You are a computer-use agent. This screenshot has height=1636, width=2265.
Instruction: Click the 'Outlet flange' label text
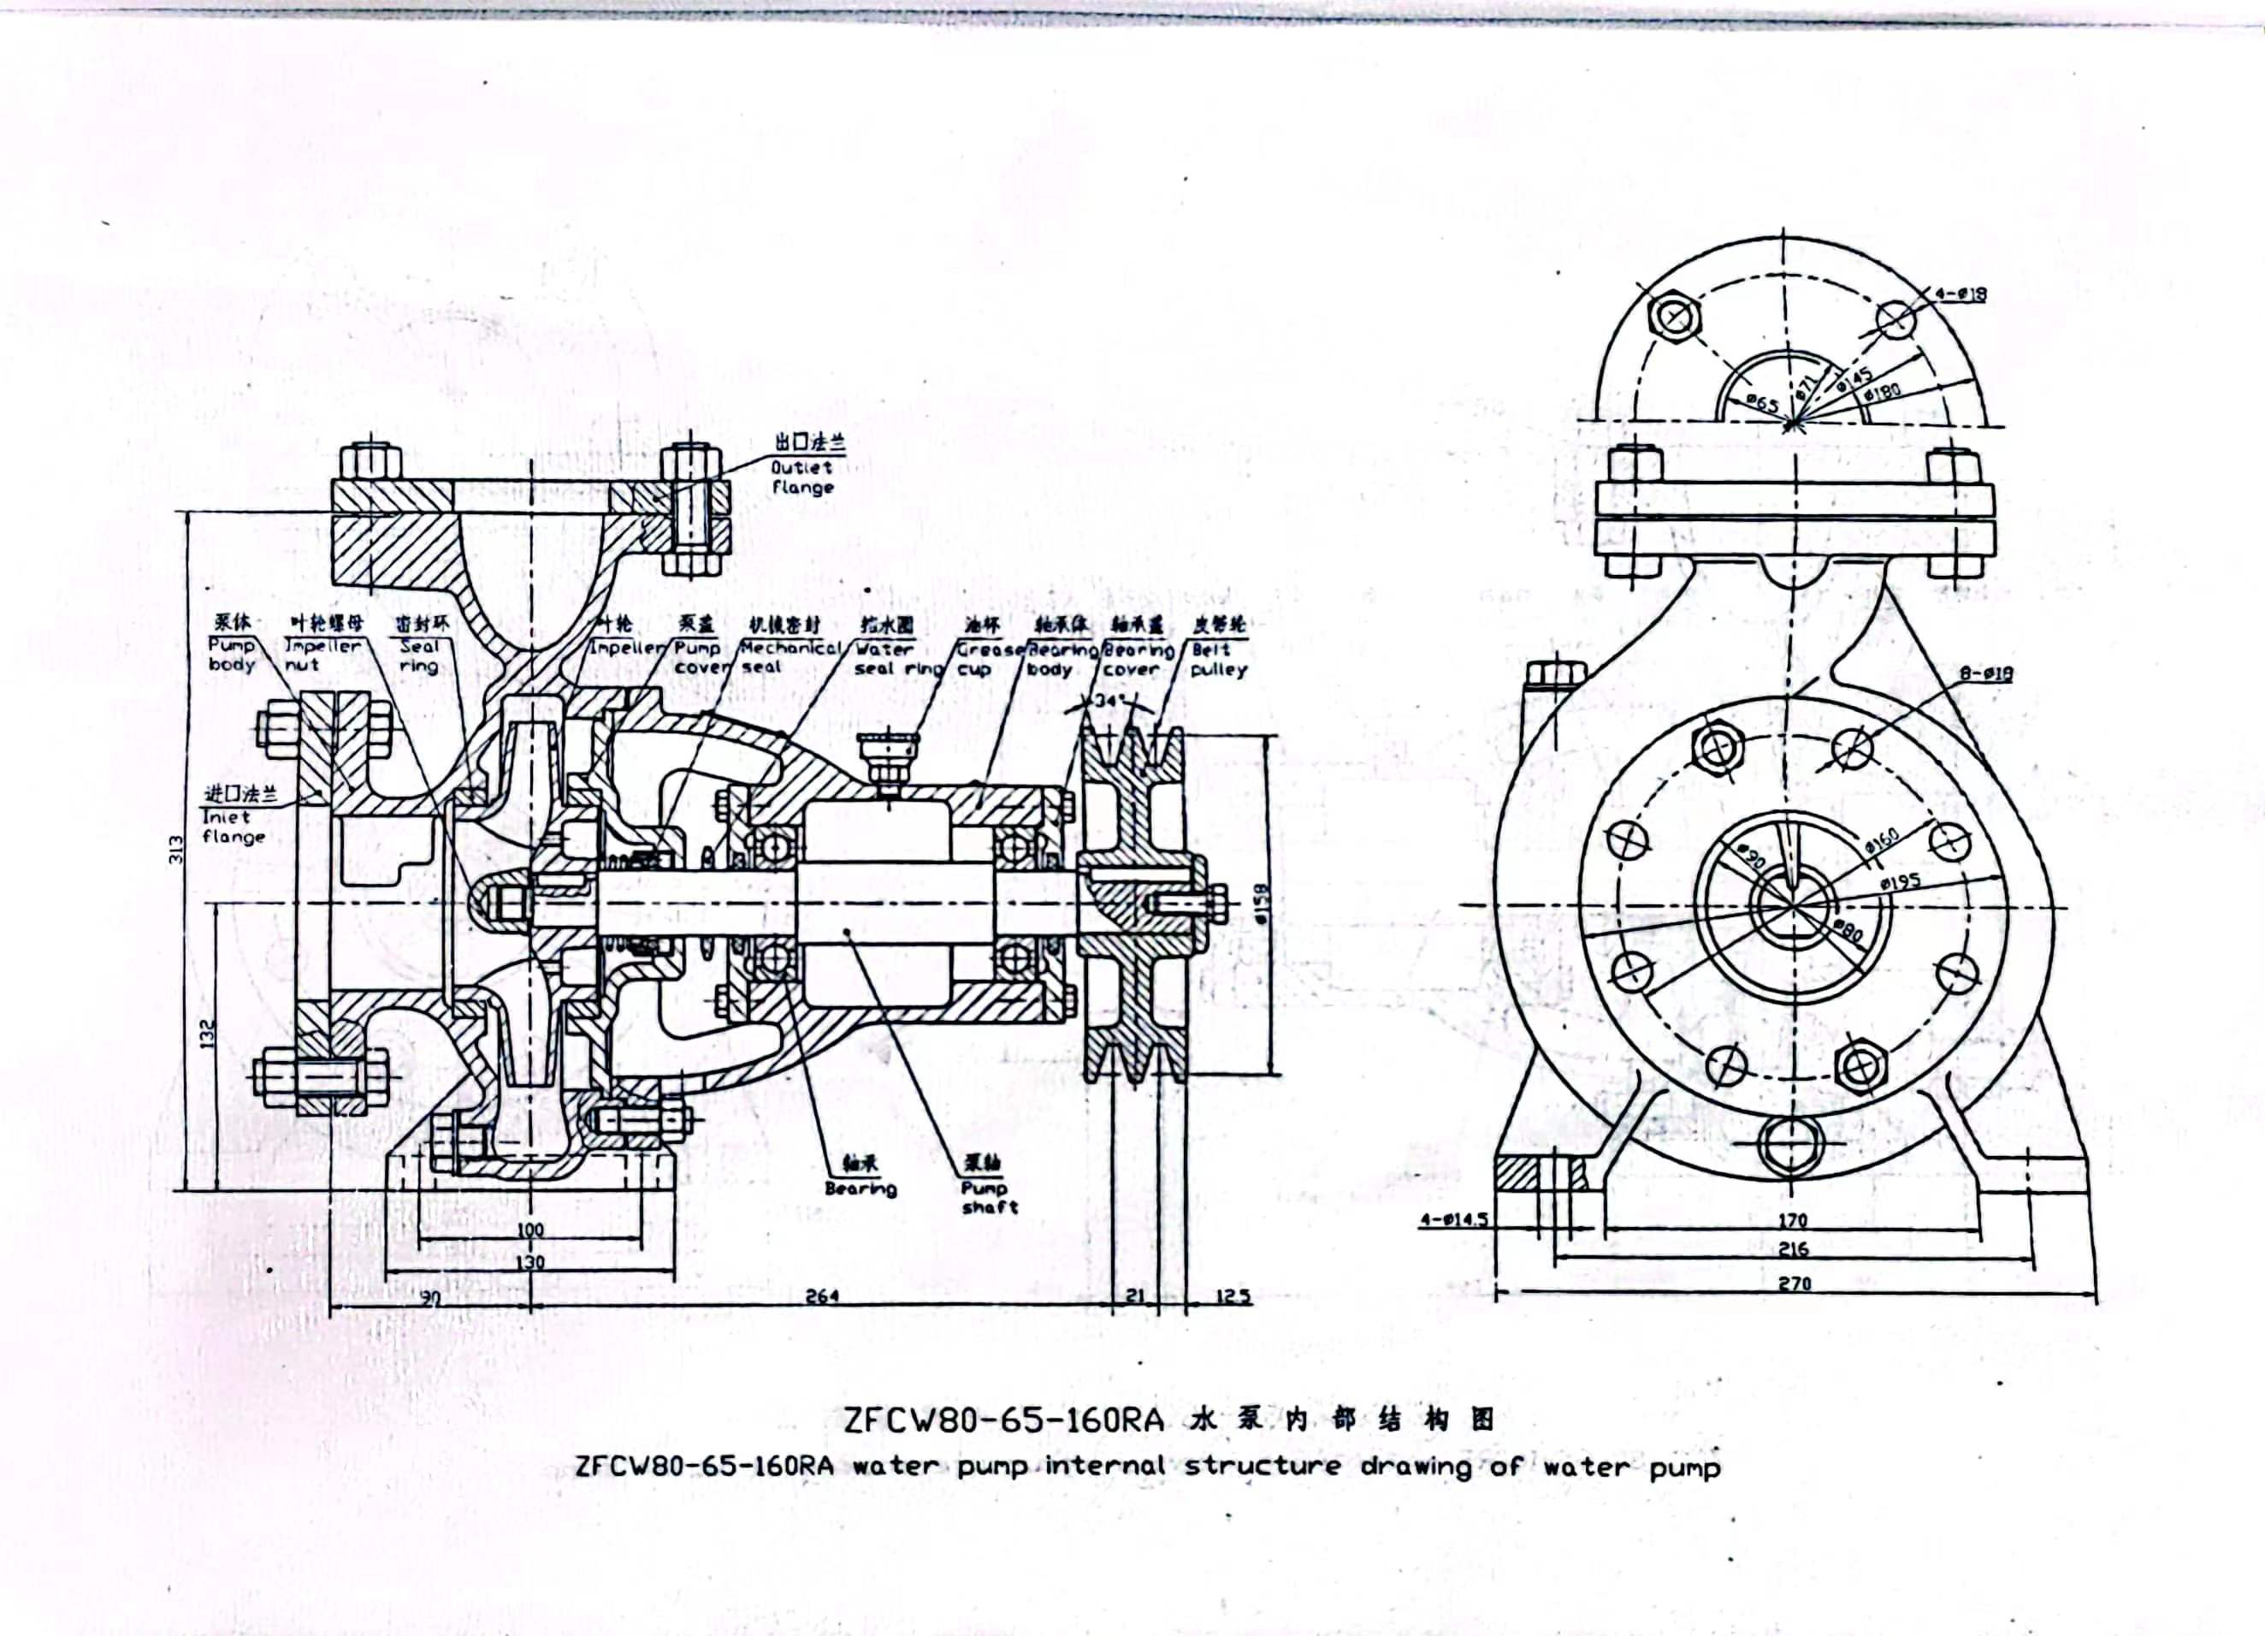802,477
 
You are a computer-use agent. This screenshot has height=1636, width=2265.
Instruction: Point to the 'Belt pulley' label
1217,658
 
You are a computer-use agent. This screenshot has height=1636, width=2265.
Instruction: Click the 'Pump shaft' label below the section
989,1198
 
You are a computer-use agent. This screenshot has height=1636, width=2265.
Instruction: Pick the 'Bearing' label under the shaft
860,1188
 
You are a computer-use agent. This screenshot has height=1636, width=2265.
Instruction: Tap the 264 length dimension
821,1296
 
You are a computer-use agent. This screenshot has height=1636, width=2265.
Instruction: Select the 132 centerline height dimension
208,1034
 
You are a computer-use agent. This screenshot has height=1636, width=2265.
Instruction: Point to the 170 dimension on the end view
1794,1219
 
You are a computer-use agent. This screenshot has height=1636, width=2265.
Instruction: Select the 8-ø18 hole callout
1985,674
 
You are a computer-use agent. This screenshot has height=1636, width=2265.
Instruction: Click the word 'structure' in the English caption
1263,1467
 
